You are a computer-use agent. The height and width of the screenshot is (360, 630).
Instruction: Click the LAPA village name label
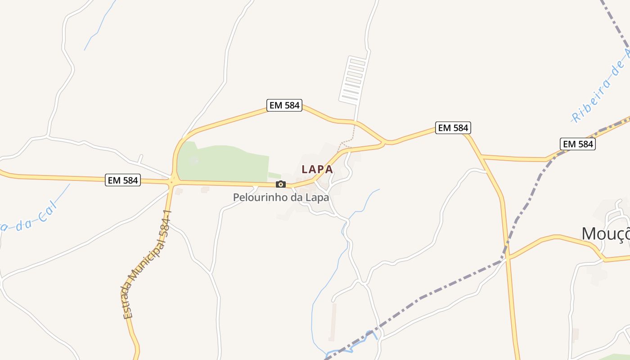click(x=317, y=169)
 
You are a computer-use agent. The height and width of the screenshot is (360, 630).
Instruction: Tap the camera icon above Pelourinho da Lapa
click(x=281, y=184)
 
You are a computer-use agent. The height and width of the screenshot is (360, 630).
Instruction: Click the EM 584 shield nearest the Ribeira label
click(x=578, y=144)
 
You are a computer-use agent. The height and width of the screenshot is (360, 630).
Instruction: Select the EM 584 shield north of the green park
click(x=284, y=105)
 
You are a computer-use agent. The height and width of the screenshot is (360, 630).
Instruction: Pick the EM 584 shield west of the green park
click(x=123, y=180)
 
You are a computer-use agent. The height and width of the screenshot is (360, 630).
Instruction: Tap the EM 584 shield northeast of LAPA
click(x=453, y=128)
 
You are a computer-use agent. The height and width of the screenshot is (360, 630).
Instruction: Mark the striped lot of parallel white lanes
click(x=353, y=79)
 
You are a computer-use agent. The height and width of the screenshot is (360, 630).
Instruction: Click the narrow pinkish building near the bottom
click(x=333, y=322)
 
